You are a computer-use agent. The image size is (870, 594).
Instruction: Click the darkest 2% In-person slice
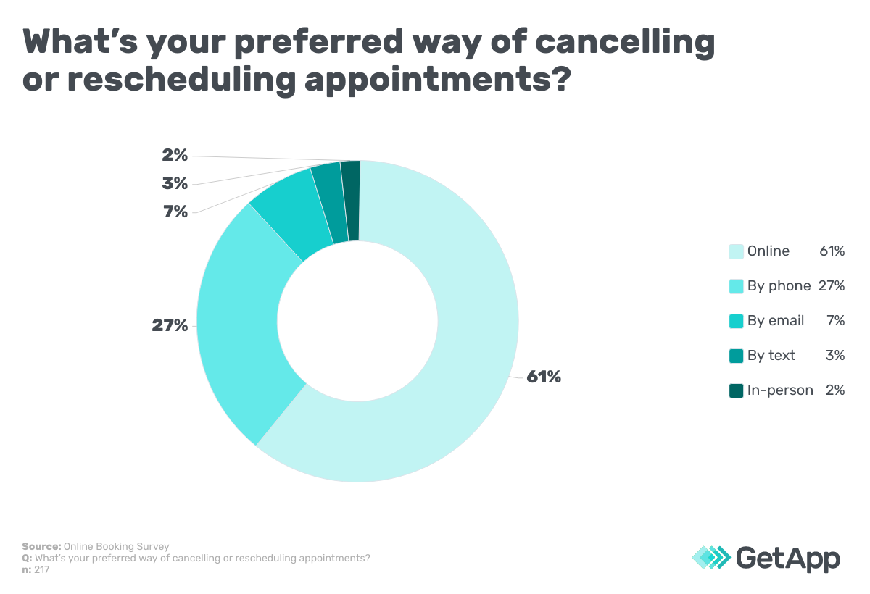(x=351, y=201)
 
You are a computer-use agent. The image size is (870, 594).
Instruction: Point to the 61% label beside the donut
(x=544, y=377)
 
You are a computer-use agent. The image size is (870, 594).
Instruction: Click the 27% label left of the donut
(x=170, y=326)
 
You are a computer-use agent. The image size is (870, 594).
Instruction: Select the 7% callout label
(x=175, y=212)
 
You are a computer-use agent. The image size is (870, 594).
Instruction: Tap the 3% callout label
(x=175, y=184)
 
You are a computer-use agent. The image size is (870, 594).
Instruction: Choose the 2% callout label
(x=175, y=155)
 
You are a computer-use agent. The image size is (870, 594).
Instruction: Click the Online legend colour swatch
(x=736, y=251)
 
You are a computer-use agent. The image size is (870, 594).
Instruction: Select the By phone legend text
(x=779, y=286)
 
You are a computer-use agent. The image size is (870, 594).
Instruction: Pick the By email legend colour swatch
(x=736, y=321)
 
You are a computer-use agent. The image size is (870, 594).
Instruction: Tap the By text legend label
(x=771, y=356)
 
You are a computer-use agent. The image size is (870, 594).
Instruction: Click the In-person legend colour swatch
(x=736, y=390)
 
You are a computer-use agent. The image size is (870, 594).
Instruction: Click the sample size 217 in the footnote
(x=41, y=570)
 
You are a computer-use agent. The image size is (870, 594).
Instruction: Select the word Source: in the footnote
(x=41, y=546)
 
